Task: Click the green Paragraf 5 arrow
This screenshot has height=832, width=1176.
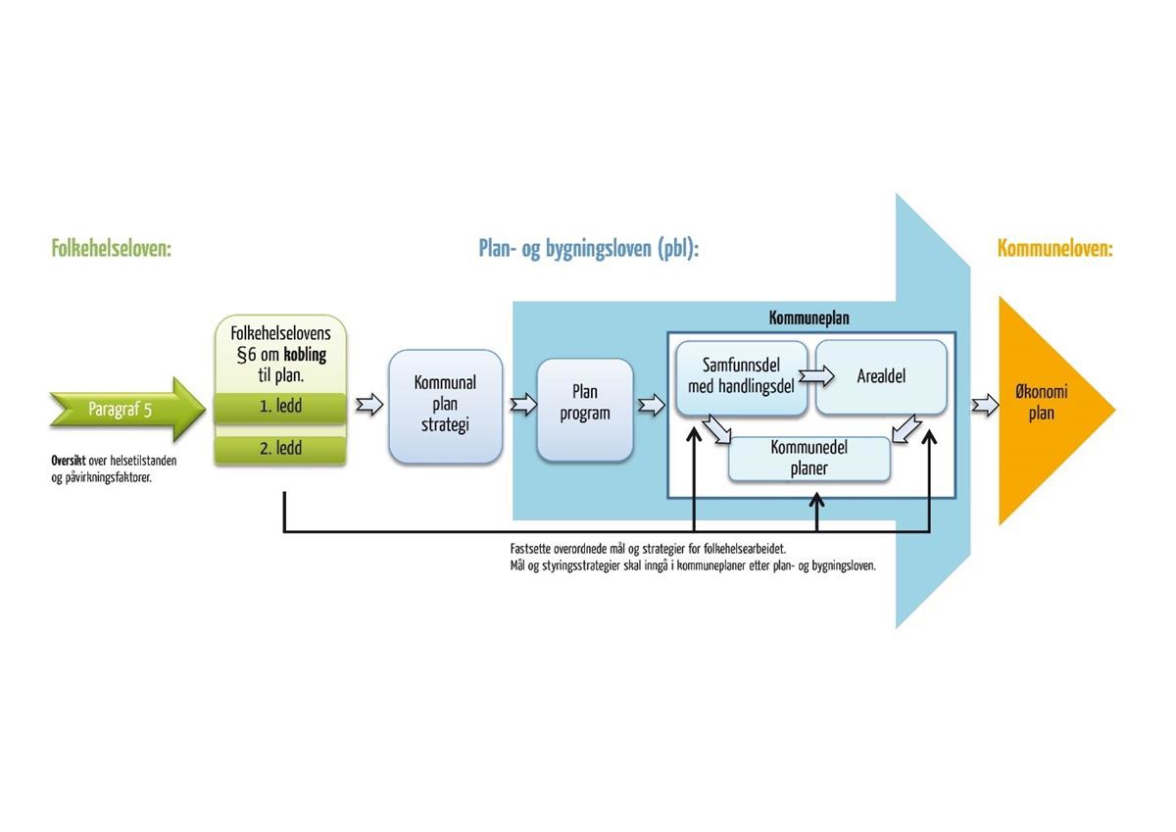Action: [122, 409]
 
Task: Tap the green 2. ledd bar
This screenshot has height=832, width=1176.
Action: [280, 449]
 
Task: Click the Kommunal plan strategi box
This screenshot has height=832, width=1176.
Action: [445, 406]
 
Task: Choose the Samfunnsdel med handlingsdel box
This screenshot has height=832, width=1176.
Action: [741, 376]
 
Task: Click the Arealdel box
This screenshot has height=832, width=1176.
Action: [881, 376]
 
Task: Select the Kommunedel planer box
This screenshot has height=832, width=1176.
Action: [809, 459]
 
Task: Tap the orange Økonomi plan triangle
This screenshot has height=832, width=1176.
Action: [1043, 404]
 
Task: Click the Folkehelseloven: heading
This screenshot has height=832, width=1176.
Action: [111, 249]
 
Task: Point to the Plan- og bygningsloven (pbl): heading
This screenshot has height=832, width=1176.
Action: [588, 249]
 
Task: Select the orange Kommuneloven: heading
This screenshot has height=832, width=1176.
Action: [1054, 249]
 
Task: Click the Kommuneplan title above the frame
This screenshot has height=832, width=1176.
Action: [808, 318]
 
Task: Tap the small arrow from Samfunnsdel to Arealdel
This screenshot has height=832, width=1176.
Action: [814, 375]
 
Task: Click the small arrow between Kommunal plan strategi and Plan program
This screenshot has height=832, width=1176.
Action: [524, 404]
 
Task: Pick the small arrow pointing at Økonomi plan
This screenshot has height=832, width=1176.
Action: [985, 404]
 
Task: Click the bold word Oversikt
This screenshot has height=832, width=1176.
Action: [69, 461]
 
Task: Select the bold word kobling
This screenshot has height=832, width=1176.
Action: [306, 355]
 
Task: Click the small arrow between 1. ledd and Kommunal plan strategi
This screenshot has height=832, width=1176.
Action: [368, 405]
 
